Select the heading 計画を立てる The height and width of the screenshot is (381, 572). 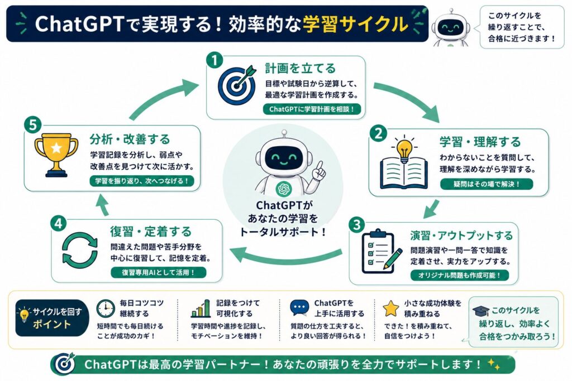(x=300, y=68)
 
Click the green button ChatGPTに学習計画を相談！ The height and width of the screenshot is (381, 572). (x=312, y=109)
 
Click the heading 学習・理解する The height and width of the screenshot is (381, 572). (x=480, y=142)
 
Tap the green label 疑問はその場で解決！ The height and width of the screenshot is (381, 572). (x=487, y=184)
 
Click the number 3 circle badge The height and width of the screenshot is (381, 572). (x=356, y=225)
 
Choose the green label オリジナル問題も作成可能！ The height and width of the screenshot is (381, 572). (x=459, y=276)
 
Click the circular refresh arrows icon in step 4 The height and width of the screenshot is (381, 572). (x=80, y=250)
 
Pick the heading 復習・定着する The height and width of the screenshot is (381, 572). (x=151, y=232)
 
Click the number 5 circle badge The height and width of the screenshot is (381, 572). (x=33, y=125)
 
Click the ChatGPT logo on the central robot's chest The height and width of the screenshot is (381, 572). (x=283, y=189)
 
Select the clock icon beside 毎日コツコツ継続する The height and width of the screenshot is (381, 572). (x=106, y=309)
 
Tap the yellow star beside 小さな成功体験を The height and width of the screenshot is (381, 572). (x=390, y=308)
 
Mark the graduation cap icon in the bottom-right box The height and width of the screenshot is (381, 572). (x=481, y=311)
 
